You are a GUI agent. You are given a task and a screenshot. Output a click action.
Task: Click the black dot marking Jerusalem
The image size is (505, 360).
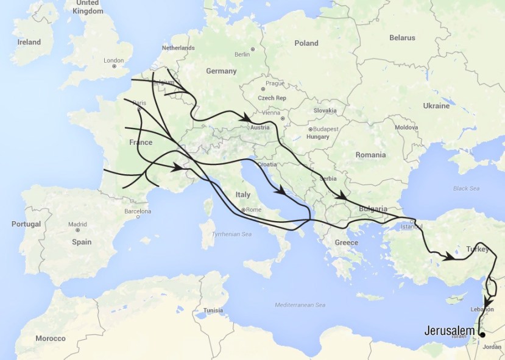482,334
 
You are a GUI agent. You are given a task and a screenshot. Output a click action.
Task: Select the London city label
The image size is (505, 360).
114,60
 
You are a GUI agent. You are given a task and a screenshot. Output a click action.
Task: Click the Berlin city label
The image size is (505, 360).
242,54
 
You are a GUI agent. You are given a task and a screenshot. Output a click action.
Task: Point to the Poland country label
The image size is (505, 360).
306,43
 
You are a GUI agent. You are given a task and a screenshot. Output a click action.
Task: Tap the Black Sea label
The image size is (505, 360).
466,188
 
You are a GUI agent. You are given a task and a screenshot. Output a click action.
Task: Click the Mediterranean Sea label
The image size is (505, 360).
300,305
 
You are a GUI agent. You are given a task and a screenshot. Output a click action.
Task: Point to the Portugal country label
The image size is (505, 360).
26,224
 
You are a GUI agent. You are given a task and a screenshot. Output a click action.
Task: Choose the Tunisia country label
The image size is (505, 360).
213,309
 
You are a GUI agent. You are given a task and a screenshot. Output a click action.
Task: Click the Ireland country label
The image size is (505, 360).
29,42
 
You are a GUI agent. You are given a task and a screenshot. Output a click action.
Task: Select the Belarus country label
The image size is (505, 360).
402,38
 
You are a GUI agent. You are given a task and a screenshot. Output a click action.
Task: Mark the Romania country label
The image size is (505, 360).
372,155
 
